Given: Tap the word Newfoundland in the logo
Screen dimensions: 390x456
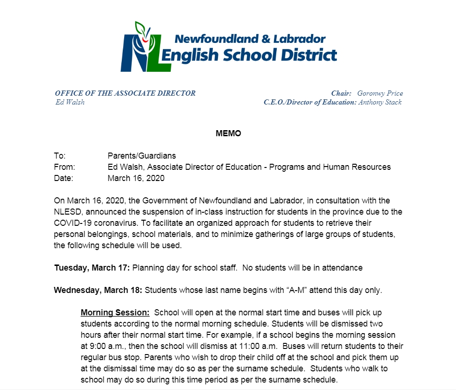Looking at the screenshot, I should [214, 39].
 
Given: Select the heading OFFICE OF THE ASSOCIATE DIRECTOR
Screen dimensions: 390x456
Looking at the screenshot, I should [125, 93].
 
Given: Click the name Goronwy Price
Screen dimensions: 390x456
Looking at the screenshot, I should [380, 93].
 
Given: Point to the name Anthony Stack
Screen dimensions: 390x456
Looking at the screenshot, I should [380, 102].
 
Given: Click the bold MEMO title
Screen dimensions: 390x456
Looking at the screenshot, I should [228, 133].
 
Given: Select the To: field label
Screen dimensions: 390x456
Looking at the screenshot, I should [60, 156].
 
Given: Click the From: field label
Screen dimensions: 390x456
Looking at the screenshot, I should [64, 167].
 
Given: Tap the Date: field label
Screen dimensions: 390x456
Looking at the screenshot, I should [63, 178].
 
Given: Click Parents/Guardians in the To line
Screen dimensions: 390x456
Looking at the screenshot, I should [141, 156].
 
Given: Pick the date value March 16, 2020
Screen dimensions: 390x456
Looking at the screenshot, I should [136, 178].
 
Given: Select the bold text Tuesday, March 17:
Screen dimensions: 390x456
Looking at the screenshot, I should [92, 268].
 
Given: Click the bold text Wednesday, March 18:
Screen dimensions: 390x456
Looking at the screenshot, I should [98, 290].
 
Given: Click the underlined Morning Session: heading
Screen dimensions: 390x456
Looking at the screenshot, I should [115, 313].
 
